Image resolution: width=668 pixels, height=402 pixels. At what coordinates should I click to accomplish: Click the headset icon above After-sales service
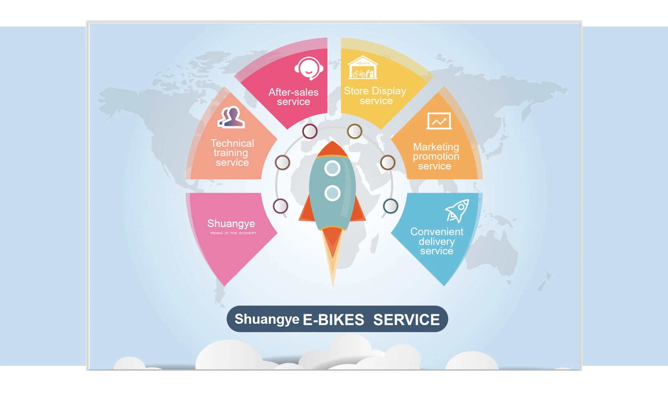(x=309, y=68)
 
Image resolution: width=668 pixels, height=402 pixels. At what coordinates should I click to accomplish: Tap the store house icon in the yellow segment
(x=363, y=68)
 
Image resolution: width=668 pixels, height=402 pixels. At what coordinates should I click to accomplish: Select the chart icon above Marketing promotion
(x=439, y=121)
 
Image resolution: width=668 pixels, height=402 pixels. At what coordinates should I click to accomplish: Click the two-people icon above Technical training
(x=231, y=117)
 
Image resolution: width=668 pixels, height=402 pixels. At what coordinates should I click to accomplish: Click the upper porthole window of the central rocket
(x=332, y=169)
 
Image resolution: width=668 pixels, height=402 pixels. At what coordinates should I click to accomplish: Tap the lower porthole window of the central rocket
(x=332, y=193)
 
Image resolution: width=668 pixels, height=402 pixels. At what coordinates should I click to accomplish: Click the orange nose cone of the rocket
(x=333, y=150)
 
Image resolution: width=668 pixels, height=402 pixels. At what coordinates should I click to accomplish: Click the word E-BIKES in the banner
(x=333, y=320)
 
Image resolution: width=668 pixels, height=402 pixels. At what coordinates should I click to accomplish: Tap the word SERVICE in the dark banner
(x=406, y=320)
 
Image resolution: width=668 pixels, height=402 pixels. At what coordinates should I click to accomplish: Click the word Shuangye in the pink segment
(x=231, y=223)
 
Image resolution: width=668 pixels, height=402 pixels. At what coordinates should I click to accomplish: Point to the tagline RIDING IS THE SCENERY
(x=233, y=233)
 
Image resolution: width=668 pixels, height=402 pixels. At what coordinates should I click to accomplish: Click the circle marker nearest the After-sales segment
(x=310, y=131)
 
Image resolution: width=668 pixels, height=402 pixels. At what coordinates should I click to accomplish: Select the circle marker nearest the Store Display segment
(x=355, y=131)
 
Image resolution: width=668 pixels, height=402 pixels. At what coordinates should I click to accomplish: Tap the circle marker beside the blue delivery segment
(x=390, y=206)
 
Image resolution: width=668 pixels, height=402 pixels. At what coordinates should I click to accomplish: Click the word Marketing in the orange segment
(x=436, y=147)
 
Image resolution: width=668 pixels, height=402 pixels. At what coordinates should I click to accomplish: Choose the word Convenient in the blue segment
(x=437, y=232)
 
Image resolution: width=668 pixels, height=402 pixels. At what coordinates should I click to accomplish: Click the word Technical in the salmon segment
(x=232, y=143)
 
